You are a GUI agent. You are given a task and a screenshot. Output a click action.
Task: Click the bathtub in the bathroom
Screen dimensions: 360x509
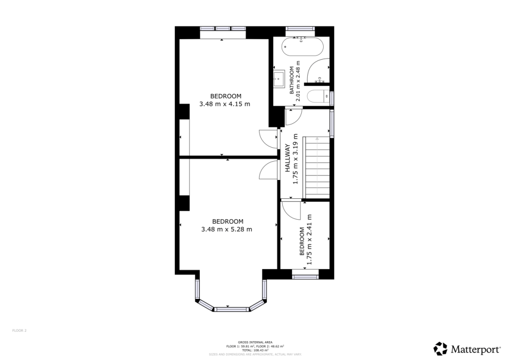tap(303, 49)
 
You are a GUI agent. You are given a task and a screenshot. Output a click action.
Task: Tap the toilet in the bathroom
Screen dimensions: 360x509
tap(316, 95)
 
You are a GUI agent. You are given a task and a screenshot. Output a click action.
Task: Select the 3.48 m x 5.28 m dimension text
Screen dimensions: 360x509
tap(227, 229)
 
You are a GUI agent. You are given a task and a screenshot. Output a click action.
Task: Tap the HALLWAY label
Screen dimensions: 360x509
tap(287, 158)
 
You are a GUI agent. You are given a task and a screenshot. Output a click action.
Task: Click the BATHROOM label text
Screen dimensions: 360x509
tap(292, 81)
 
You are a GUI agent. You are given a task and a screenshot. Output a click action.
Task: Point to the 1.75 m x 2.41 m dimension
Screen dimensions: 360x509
tap(309, 239)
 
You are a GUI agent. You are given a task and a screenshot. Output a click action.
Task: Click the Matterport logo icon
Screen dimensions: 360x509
tap(440, 348)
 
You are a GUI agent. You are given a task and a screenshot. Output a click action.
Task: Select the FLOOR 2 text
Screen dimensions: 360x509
tap(19, 330)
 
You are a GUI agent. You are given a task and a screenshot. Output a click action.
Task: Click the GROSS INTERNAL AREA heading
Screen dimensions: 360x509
tap(254, 343)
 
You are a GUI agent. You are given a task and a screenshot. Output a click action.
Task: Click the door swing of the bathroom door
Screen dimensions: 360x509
tap(293, 117)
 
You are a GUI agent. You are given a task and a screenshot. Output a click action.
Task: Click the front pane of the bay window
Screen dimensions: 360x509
tap(231, 309)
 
